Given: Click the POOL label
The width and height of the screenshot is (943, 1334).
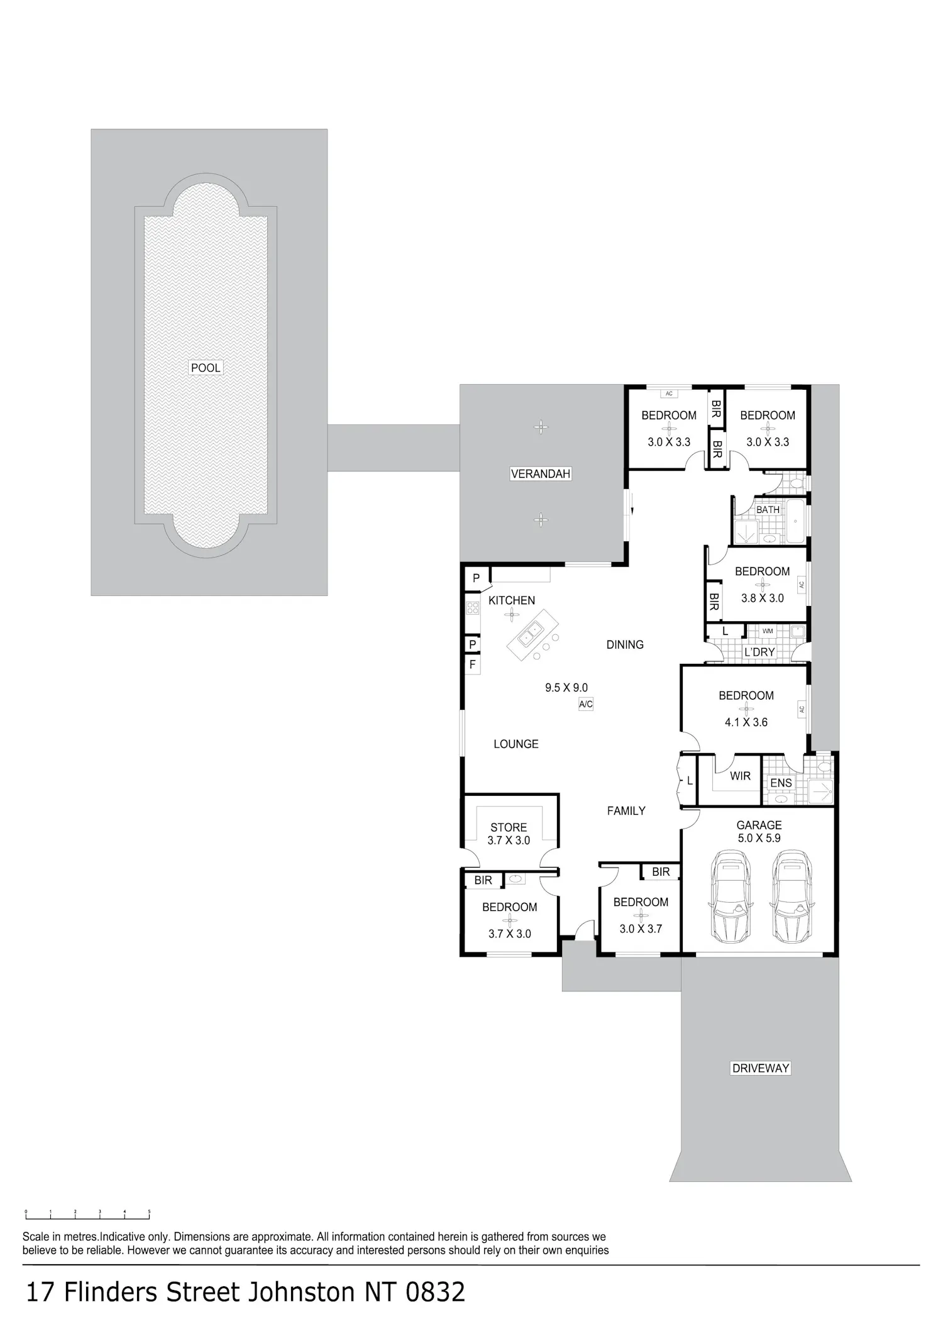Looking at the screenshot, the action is [206, 368].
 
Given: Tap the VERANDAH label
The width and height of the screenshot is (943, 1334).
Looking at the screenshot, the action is [541, 474].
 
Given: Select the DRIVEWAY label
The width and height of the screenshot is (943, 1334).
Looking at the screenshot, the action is [761, 1067].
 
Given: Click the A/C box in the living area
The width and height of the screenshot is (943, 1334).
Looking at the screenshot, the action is [586, 704].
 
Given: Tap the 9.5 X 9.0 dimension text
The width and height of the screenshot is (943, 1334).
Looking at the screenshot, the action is [566, 688].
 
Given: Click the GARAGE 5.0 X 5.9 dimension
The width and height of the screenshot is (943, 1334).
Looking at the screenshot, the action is [759, 838].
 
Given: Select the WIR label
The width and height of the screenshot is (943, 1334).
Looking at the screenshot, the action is [741, 776].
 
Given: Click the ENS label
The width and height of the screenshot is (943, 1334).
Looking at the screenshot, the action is [781, 783].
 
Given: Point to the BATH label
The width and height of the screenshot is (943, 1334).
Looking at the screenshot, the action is [768, 510].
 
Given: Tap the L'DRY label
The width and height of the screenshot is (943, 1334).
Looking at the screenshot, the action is [759, 652].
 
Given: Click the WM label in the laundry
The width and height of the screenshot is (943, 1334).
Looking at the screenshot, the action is [768, 631].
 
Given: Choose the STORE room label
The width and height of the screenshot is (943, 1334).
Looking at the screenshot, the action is [509, 827].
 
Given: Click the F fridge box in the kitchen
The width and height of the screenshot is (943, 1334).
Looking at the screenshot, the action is [472, 664].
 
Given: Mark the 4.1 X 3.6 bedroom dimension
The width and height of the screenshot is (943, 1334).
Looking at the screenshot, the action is [746, 722].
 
